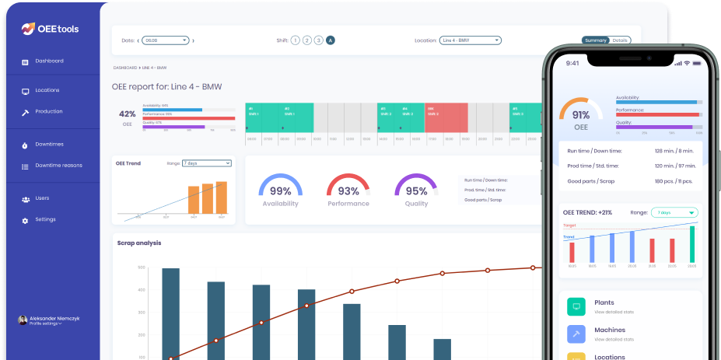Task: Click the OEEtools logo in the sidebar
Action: [50, 29]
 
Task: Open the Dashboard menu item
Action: [49, 61]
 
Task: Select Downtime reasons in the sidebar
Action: [58, 166]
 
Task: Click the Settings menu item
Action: [45, 219]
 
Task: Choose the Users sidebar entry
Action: [42, 198]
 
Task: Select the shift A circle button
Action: [331, 40]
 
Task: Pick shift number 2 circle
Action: [307, 40]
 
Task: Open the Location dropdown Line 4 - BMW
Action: [470, 40]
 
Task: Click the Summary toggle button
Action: [596, 40]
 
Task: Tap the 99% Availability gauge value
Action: [280, 190]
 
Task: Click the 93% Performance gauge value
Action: [348, 190]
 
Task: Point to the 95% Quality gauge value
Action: [416, 190]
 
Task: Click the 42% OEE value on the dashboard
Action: [128, 114]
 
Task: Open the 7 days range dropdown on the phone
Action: [675, 212]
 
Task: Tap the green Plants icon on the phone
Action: [576, 306]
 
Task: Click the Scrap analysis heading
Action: [139, 243]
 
